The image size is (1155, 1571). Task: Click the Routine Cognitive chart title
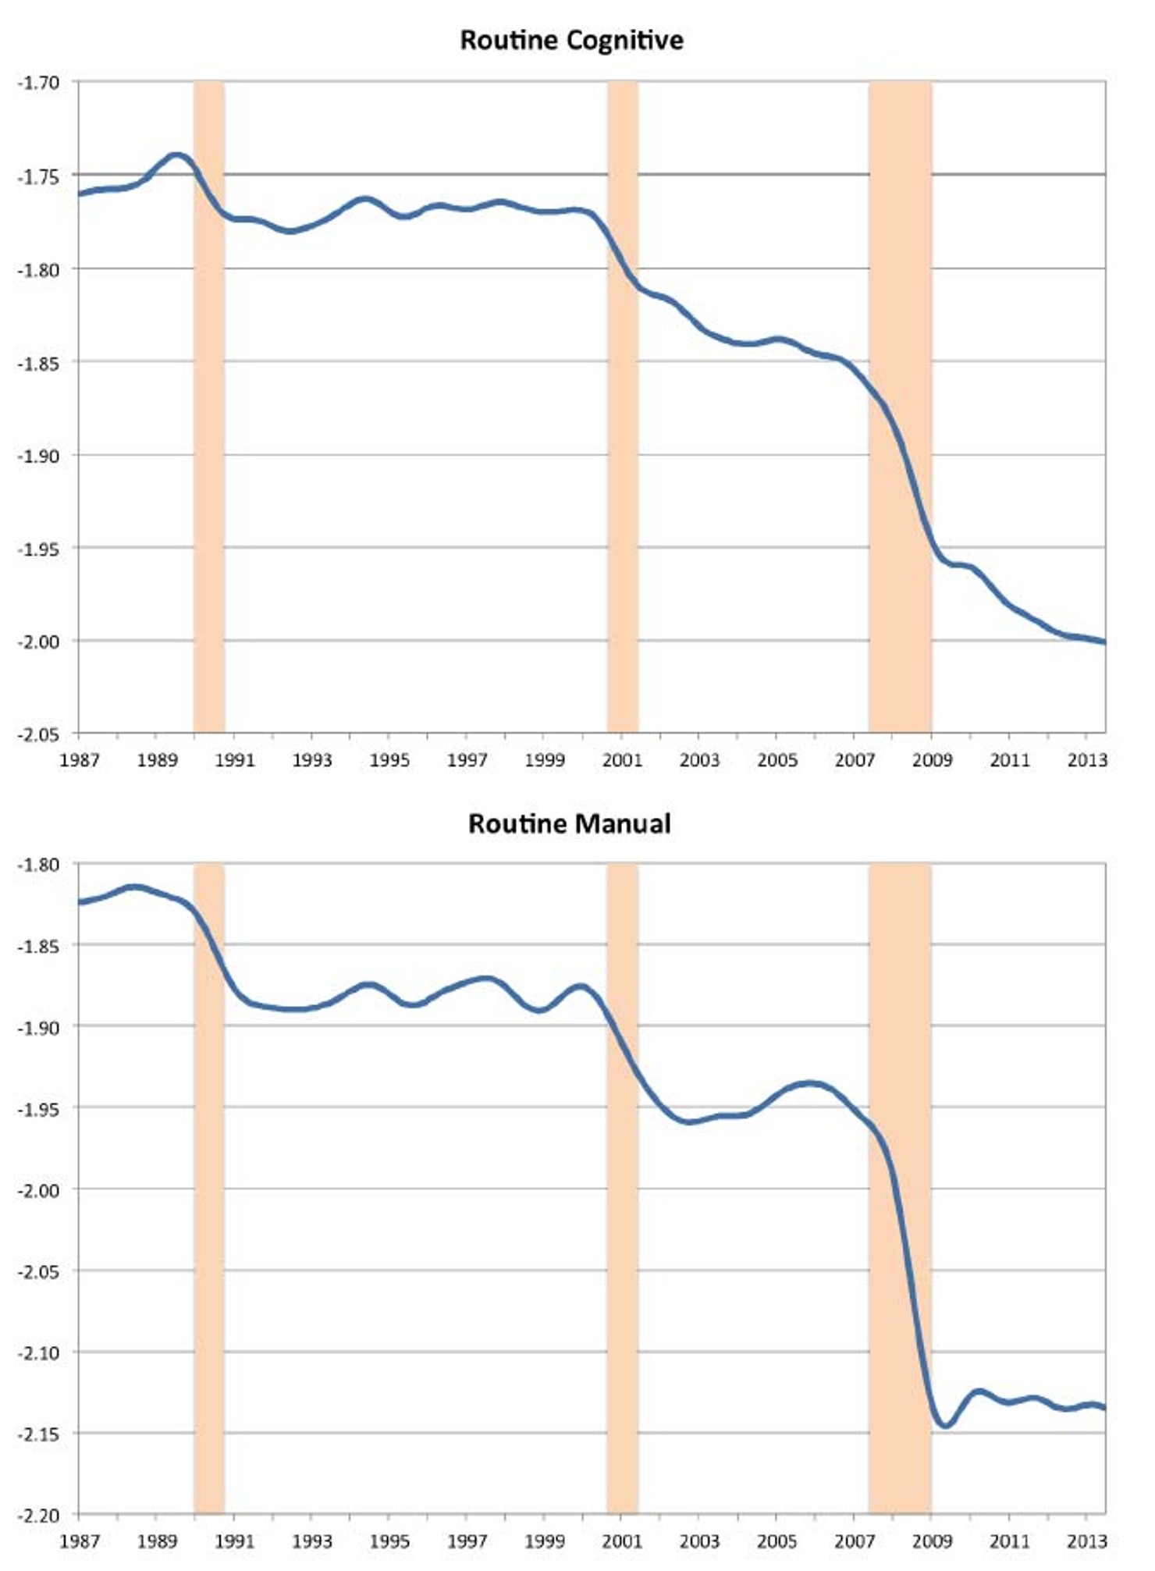571,40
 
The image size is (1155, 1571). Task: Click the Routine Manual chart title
570,823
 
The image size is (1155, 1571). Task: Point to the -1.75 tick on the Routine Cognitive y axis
38,176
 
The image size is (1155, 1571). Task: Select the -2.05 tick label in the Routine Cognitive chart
38,734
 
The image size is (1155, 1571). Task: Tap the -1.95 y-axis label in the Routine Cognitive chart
38,549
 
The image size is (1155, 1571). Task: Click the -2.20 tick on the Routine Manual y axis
38,1515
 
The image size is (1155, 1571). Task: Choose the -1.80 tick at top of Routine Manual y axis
38,865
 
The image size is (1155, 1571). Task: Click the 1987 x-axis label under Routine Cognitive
79,759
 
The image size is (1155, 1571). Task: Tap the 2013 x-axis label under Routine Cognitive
1087,759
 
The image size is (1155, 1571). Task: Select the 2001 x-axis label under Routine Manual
622,1541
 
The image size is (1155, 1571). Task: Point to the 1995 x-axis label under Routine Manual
389,1541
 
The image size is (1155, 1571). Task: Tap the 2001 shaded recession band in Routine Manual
623,1249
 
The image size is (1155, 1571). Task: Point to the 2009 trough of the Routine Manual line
945,1426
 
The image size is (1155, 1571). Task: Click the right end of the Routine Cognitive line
1103,642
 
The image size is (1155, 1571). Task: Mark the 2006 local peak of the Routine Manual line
812,1083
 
